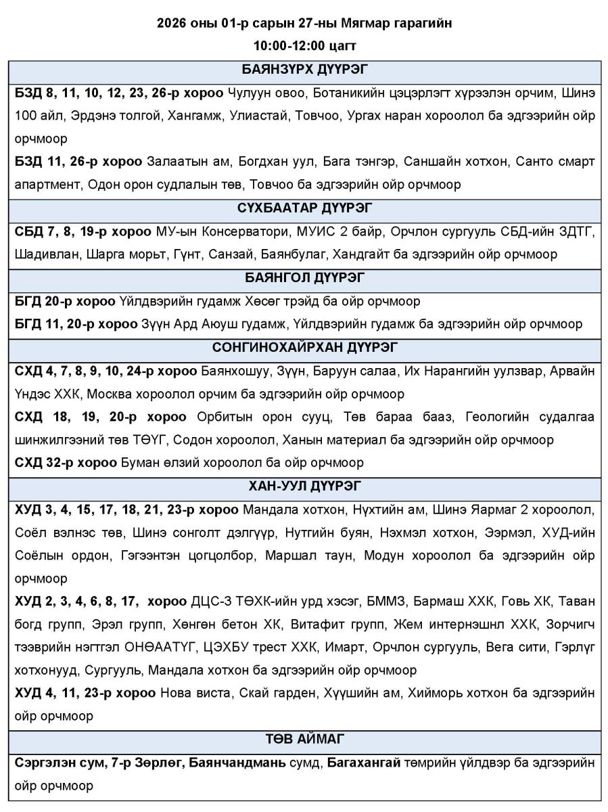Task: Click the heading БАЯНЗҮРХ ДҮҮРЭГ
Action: coord(304,70)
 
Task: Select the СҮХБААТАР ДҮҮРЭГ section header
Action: coord(304,208)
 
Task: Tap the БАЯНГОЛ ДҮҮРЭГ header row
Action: coord(304,277)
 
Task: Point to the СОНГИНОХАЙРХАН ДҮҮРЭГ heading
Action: coord(304,348)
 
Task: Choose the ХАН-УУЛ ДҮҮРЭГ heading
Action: coord(304,485)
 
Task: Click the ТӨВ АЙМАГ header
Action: coord(304,738)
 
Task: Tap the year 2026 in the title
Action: coord(172,24)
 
